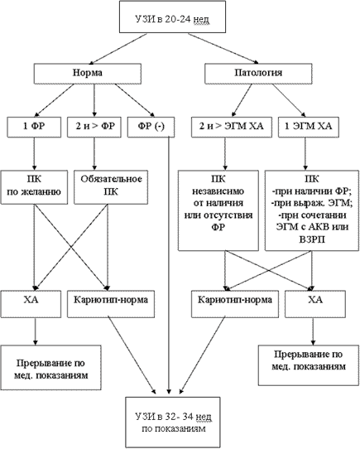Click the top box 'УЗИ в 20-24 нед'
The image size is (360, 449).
point(172,17)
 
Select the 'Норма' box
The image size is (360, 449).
point(88,73)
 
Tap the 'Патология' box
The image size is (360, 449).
point(258,73)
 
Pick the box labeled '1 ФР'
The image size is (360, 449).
point(34,127)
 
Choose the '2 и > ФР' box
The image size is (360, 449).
point(94,127)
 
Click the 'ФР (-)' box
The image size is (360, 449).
point(151,127)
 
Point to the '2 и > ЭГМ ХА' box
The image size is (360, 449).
point(232,127)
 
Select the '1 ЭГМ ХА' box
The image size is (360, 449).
point(309,127)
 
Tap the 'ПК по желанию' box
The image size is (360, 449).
point(34,187)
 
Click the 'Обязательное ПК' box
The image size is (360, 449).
point(111,187)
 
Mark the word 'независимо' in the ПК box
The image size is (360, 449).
point(218,191)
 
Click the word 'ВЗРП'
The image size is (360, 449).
point(312,239)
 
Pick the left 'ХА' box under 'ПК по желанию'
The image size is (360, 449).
point(31,304)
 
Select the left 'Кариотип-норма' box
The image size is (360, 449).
point(111,304)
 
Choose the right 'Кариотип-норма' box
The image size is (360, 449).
point(235,304)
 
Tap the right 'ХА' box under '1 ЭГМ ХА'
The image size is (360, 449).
point(315,304)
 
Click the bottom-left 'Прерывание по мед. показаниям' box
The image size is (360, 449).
point(50,367)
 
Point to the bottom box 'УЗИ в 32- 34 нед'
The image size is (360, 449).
point(173,422)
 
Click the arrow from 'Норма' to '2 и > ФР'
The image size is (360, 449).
point(94,100)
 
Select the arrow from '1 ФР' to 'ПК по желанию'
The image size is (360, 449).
point(34,154)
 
